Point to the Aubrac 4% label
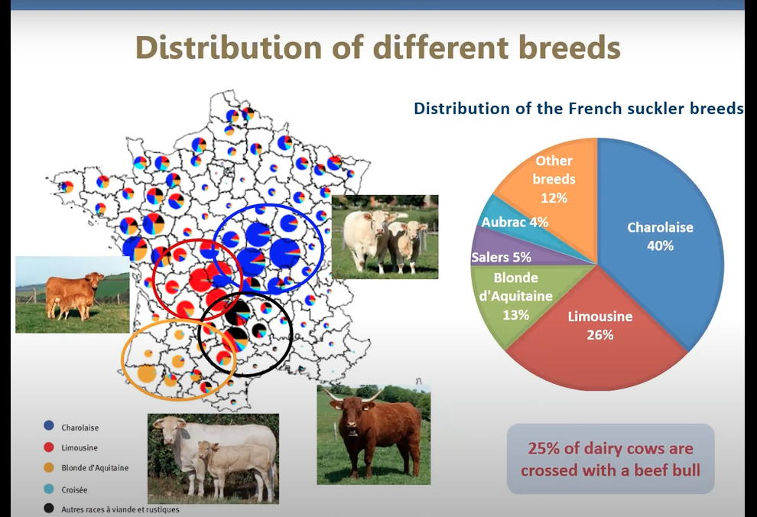515,222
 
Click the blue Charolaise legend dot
49,425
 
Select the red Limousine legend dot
49,447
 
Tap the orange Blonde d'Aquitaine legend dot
49,467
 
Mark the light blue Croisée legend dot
49,489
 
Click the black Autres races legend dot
49,508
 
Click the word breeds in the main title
569,47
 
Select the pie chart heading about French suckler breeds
578,108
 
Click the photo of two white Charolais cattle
385,236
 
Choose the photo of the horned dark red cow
373,434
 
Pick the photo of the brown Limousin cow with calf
73,294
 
